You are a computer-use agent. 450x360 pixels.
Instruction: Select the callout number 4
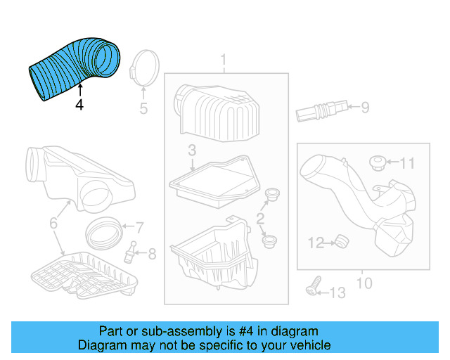[x=79, y=104]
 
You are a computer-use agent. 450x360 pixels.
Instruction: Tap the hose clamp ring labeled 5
[x=143, y=68]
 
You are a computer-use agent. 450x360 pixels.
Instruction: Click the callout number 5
[x=143, y=108]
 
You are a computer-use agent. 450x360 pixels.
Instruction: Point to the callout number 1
[x=224, y=59]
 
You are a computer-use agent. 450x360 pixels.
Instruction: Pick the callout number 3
[x=191, y=150]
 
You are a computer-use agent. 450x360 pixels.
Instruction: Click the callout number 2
[x=260, y=219]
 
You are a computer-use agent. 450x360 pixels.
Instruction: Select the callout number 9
[x=365, y=108]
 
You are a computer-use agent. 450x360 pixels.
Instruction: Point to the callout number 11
[x=408, y=164]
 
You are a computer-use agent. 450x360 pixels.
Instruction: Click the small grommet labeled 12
[x=342, y=242]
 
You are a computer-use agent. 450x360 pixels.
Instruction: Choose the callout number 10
[x=364, y=283]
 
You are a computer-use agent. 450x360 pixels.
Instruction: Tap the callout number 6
[x=53, y=224]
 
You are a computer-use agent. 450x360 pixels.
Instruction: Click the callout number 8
[x=153, y=253]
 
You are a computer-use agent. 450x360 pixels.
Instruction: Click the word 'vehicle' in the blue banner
[x=307, y=345]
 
